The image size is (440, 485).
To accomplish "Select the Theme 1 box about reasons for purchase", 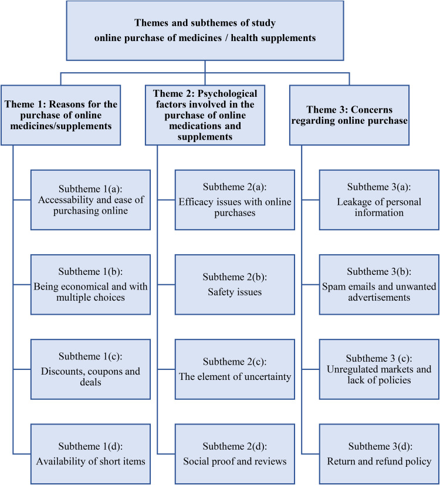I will tap(61, 114).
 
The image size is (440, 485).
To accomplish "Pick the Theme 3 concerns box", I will tap(349, 114).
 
